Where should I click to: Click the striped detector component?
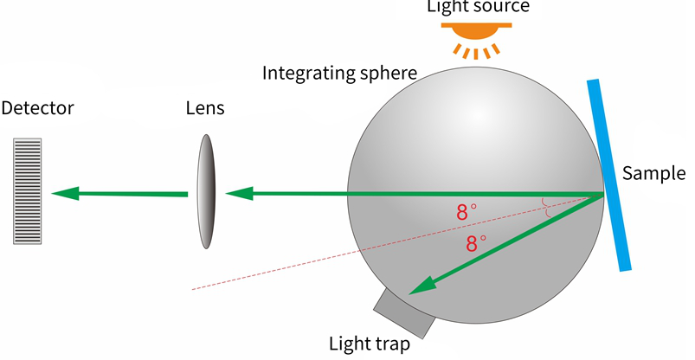(x=28, y=191)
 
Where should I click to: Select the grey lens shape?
(x=206, y=191)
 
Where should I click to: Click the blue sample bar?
(x=609, y=175)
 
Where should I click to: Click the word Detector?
(x=38, y=108)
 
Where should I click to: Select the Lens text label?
(x=205, y=108)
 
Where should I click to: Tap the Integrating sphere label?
(x=339, y=74)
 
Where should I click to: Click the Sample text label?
(x=653, y=173)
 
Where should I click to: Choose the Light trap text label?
(x=370, y=344)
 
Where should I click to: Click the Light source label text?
(x=479, y=6)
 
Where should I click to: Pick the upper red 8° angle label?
(x=467, y=212)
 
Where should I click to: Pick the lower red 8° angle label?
(x=477, y=243)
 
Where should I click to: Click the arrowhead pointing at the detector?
(x=65, y=194)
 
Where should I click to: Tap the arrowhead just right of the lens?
(x=240, y=194)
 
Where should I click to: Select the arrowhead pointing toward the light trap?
(x=423, y=285)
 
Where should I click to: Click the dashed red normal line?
(x=397, y=242)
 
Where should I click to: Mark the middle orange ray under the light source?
(x=476, y=54)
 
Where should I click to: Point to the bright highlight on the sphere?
(x=478, y=114)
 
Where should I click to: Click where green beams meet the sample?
(x=603, y=194)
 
